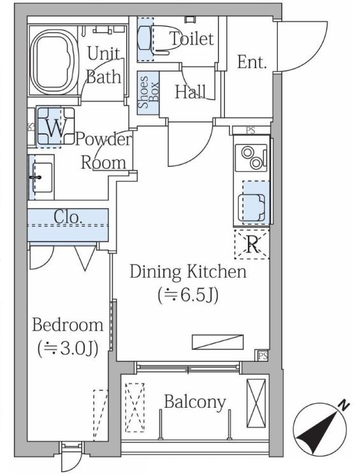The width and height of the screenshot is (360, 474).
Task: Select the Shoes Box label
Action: pyautogui.click(x=148, y=92)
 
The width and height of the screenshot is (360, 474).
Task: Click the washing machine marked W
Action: pyautogui.click(x=56, y=127)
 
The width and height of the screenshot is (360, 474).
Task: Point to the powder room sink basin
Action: pyautogui.click(x=41, y=177)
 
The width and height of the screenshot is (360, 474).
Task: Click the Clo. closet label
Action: pyautogui.click(x=68, y=217)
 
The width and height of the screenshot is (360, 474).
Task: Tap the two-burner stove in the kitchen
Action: pyautogui.click(x=252, y=157)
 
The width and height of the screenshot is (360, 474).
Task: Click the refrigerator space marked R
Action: pyautogui.click(x=252, y=245)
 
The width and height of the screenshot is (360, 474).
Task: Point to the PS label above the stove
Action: pyautogui.click(x=250, y=131)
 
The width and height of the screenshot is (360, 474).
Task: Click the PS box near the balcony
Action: pyautogui.click(x=263, y=355)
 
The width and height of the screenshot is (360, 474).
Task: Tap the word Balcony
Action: pyautogui.click(x=195, y=402)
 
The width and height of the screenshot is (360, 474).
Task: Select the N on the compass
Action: pyautogui.click(x=343, y=405)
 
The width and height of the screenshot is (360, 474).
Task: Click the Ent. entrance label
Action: pyautogui.click(x=252, y=62)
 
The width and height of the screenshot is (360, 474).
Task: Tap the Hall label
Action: pyautogui.click(x=191, y=92)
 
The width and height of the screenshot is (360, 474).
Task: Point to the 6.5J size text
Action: pyautogui.click(x=188, y=296)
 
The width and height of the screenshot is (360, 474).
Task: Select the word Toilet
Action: pyautogui.click(x=192, y=38)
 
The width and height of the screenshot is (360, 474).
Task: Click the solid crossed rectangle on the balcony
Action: pyautogui.click(x=256, y=403)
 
